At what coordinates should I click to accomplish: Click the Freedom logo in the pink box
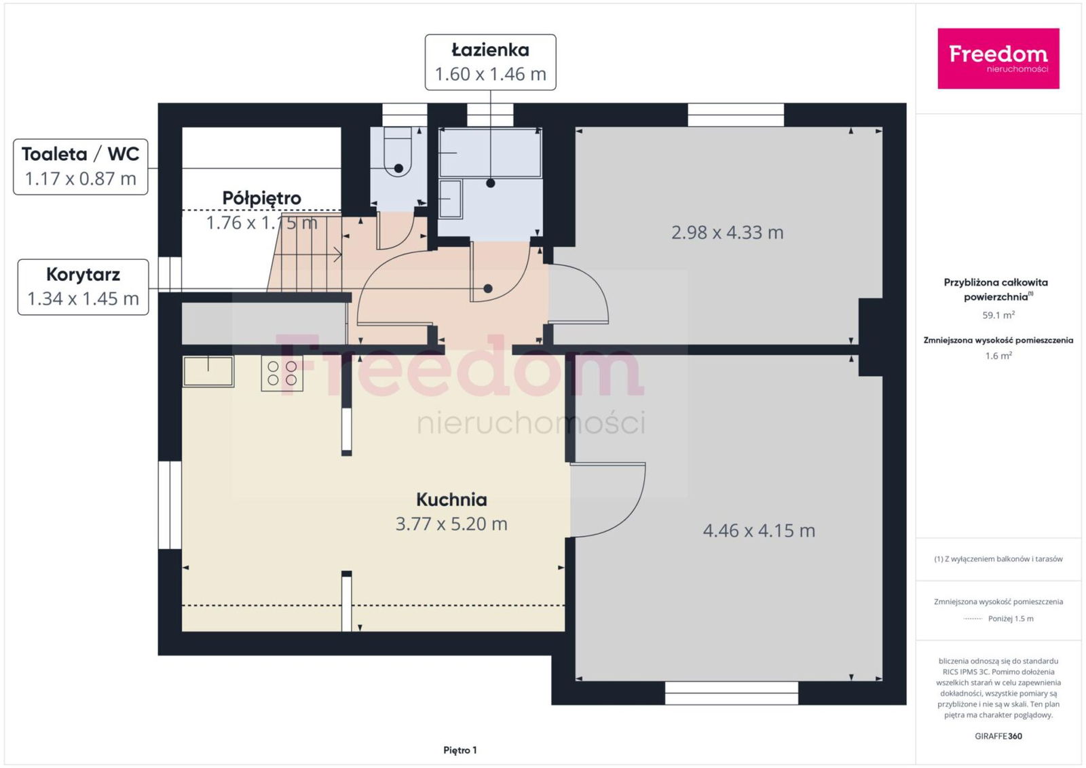pos(998,58)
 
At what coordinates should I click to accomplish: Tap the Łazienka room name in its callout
pos(490,50)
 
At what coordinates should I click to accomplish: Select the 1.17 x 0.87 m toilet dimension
pos(81,178)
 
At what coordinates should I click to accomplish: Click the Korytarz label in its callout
pos(83,275)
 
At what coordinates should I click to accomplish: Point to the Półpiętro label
pos(262,197)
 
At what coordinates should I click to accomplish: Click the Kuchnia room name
pos(451,499)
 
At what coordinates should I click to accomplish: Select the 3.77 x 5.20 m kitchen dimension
pos(451,524)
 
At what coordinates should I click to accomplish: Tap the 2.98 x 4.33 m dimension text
pos(727,233)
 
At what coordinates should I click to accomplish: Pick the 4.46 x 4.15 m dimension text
pos(759,531)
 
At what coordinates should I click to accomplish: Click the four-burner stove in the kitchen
pos(282,373)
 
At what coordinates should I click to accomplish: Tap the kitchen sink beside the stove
pos(208,371)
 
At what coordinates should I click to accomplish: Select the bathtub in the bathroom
pos(490,153)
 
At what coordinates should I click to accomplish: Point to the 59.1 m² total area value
pos(998,315)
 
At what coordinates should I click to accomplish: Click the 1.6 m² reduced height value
pos(998,356)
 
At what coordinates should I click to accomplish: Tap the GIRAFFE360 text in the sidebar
pos(998,736)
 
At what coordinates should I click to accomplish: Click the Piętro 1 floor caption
pos(460,750)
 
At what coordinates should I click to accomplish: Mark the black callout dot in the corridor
pos(488,289)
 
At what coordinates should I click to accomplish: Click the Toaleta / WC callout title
pos(81,154)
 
